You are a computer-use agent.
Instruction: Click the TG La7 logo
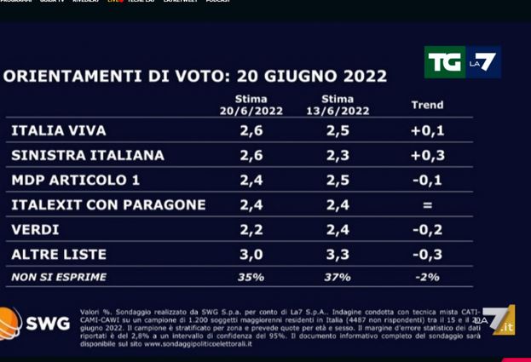tap(462, 62)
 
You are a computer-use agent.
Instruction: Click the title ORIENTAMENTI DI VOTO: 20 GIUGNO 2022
tap(195, 76)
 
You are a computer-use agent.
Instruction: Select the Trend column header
tap(427, 105)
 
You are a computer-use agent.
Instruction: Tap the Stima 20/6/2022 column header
tap(251, 105)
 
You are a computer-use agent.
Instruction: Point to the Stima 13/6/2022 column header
tap(338, 105)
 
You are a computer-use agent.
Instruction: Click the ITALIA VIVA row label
tap(59, 130)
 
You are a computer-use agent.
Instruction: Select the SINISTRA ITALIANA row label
tap(88, 155)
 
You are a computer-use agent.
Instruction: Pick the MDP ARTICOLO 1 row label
tap(76, 180)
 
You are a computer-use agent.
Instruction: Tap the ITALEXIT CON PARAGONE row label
tap(108, 204)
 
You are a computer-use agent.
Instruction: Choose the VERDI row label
tap(35, 229)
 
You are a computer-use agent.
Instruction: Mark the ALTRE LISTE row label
tap(59, 254)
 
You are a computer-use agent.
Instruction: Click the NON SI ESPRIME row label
tap(59, 277)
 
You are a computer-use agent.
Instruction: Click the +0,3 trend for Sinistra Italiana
tap(427, 155)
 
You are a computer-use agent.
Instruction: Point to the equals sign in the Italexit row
tap(427, 204)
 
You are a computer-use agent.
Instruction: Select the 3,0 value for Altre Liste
tap(251, 254)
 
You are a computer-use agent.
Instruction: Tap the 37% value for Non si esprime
tap(338, 277)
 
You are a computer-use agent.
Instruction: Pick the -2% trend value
tap(427, 277)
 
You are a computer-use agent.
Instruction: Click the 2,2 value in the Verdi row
tap(251, 229)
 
